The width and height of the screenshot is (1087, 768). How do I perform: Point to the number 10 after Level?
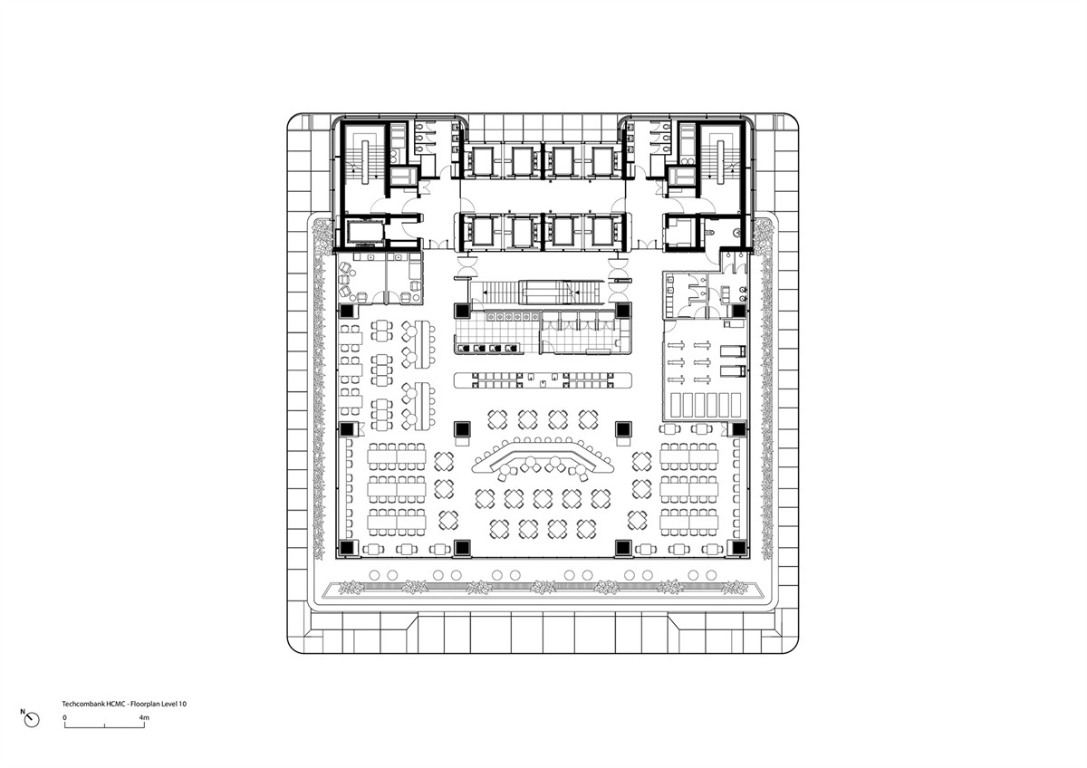click(183, 704)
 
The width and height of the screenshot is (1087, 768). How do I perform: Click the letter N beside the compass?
click(23, 712)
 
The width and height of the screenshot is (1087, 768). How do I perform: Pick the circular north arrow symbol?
click(32, 720)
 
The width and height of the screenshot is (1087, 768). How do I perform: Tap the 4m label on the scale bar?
click(144, 717)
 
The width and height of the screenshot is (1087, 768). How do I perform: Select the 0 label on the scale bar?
click(64, 717)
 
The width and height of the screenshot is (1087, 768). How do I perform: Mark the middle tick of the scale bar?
click(105, 725)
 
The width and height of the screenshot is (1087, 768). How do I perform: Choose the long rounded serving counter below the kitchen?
click(543, 380)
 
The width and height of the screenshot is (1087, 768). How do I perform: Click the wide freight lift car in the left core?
click(365, 232)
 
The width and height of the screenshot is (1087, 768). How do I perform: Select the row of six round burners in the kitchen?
click(513, 317)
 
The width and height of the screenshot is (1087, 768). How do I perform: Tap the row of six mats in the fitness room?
click(706, 405)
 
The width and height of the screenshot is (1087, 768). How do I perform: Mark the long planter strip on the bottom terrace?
click(543, 588)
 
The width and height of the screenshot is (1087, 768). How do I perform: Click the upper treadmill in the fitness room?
click(732, 351)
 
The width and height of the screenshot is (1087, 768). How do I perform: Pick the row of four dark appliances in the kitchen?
click(488, 348)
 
